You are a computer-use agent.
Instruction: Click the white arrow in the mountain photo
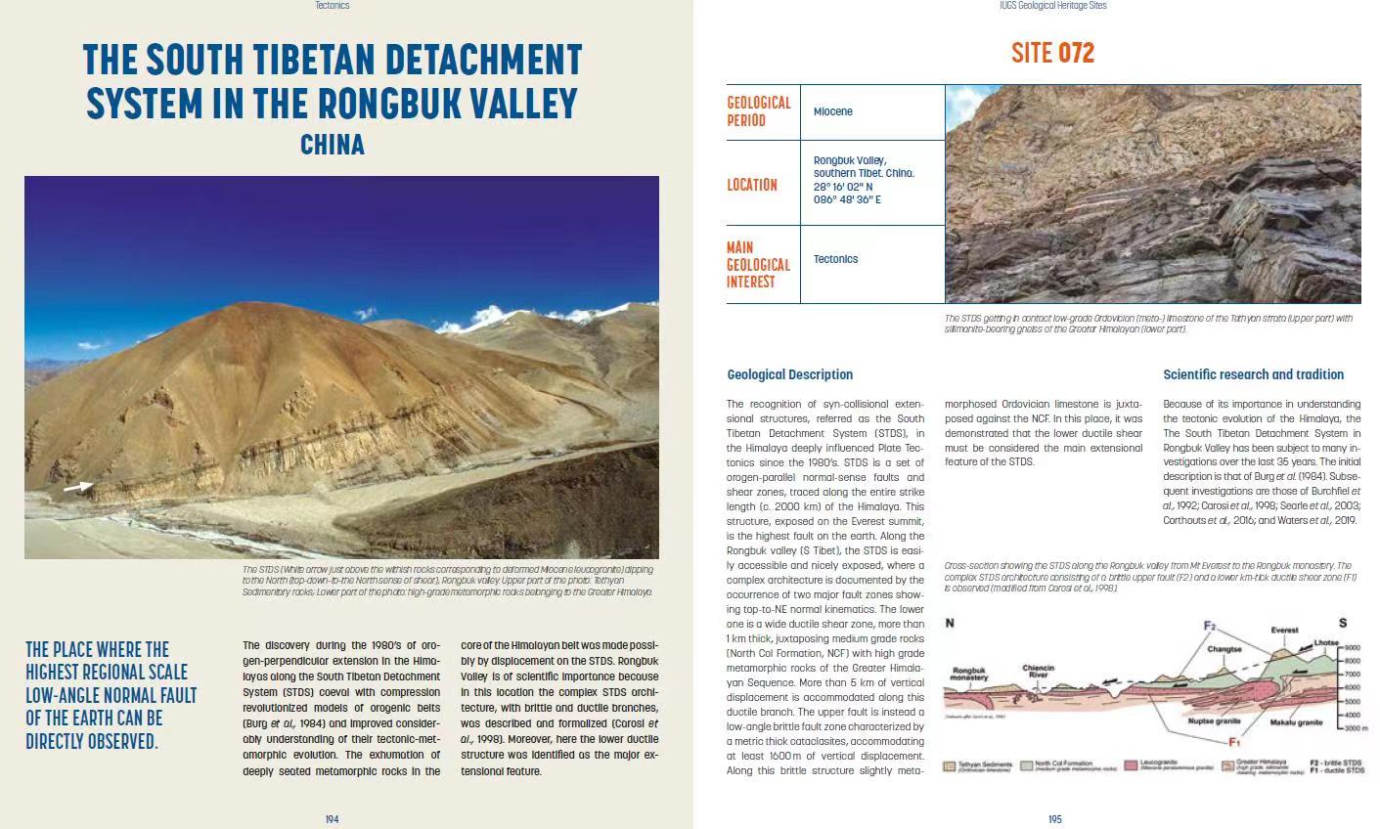pos(78,486)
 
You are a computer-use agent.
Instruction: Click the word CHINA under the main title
pos(333,145)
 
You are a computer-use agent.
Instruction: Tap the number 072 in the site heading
pos(1076,53)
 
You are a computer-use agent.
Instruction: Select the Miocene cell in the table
pos(833,111)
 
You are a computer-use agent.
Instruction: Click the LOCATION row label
pos(752,185)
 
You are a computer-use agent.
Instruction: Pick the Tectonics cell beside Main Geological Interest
pos(835,259)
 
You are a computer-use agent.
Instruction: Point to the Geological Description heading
pos(789,374)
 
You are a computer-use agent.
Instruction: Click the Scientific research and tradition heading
pos(1253,374)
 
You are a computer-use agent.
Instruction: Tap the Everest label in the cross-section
pos(1284,631)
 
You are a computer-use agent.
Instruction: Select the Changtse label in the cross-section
pos(1224,648)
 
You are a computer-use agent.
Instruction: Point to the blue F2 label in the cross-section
pos(1210,626)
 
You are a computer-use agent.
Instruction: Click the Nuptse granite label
pos(1214,721)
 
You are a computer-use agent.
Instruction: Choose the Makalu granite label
pos(1296,722)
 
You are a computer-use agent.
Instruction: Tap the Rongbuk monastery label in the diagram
pos(969,675)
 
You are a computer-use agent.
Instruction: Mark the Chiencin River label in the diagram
pos(1038,672)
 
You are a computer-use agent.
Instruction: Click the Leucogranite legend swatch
pos(1133,765)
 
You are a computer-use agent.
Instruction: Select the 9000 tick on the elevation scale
pos(1353,648)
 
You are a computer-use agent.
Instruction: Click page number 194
pos(332,819)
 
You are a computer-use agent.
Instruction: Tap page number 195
pos(1054,819)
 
